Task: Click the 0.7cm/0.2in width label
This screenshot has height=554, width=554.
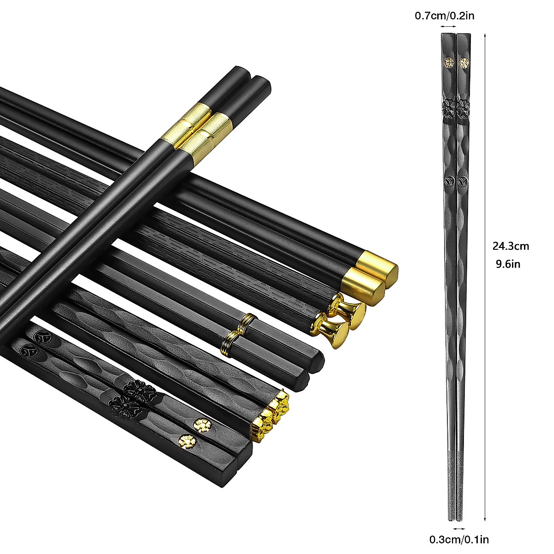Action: click(x=445, y=16)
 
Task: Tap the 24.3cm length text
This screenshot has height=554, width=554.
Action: click(x=511, y=246)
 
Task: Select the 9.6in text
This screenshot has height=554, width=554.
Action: click(x=508, y=264)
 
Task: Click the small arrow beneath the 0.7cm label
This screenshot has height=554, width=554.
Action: click(x=448, y=27)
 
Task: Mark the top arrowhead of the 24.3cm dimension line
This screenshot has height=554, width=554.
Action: click(x=485, y=35)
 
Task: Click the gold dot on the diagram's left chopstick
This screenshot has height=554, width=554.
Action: click(x=449, y=62)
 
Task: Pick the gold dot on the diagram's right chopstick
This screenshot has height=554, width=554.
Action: click(x=463, y=63)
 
